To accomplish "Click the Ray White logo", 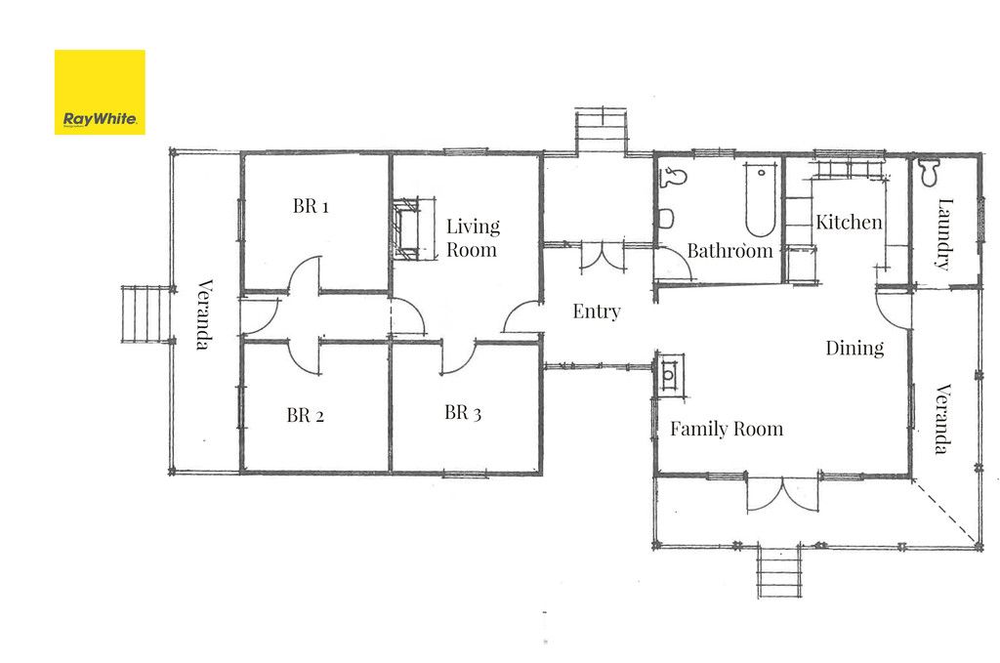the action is coord(100,93).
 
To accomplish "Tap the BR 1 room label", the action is coord(311,206).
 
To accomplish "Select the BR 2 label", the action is coord(305,415).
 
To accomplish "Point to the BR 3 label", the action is coord(462,412).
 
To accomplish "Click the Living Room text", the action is coord(473,237).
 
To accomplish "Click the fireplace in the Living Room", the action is coord(407,228).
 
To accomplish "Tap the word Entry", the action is coord(597,311).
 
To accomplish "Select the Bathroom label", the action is coord(729,251).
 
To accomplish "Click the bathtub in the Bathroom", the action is coord(760,199).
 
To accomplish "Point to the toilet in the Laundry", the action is coord(929,172).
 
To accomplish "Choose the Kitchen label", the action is coord(849,222).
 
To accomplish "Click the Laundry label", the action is coord(944,234).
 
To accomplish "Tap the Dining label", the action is coord(854,348).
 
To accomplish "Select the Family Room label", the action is coord(727,429).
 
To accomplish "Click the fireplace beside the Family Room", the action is coord(669,375).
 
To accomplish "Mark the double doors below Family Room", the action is coord(782,493).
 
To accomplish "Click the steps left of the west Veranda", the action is coord(146,314).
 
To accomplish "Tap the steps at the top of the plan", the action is coord(602,131).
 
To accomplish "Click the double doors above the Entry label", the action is coord(602,258).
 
